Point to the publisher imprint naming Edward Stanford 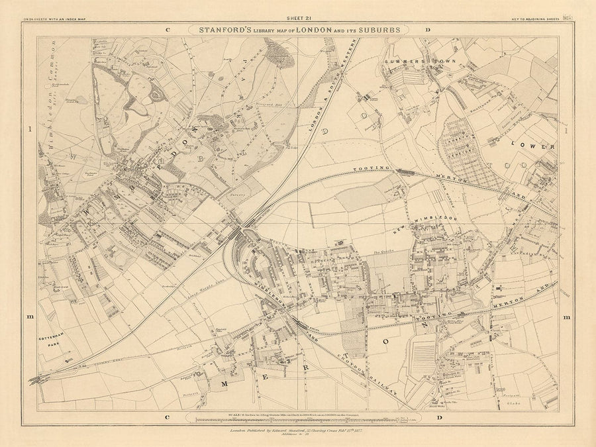coord(298,430)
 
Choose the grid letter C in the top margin coord(168,30)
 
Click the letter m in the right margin coord(567,318)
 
